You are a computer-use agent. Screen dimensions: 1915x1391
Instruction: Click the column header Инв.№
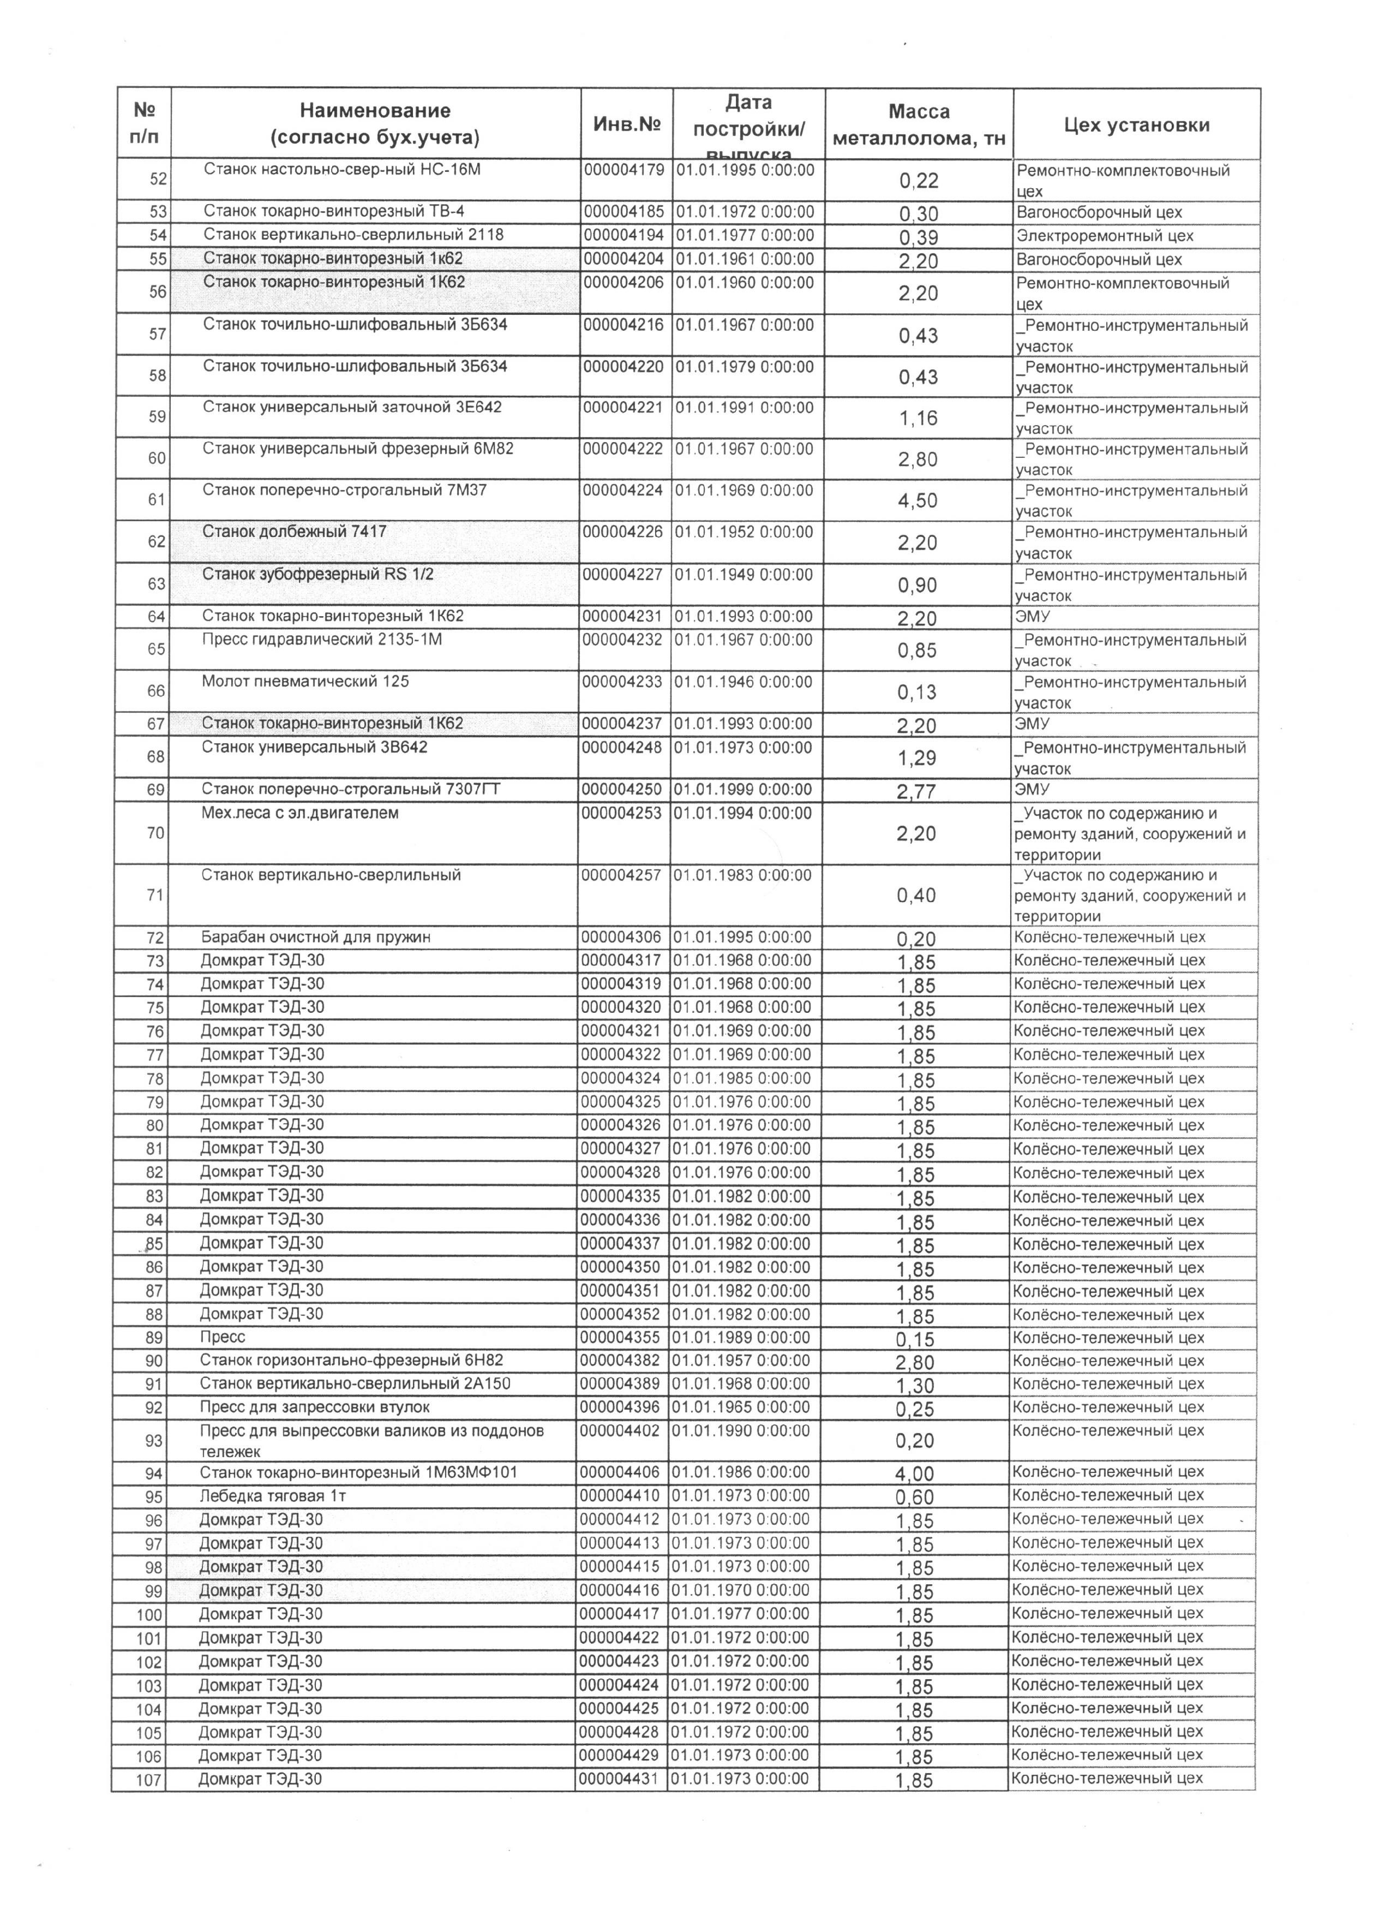626,124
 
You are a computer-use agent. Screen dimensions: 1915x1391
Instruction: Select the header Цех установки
1136,125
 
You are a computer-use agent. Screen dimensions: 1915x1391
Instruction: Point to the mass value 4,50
918,500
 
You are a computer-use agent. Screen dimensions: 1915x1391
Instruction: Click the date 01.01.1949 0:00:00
744,575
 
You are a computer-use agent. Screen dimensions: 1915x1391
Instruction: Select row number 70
156,833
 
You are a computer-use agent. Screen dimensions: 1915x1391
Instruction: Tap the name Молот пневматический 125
305,682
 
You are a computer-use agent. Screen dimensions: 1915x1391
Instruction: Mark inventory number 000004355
621,1338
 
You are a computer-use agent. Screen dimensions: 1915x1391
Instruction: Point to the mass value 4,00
915,1473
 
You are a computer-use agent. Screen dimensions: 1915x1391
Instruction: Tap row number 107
148,1780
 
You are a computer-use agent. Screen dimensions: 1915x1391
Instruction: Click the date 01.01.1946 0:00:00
743,682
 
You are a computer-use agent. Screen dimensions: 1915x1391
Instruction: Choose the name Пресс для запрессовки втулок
314,1407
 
